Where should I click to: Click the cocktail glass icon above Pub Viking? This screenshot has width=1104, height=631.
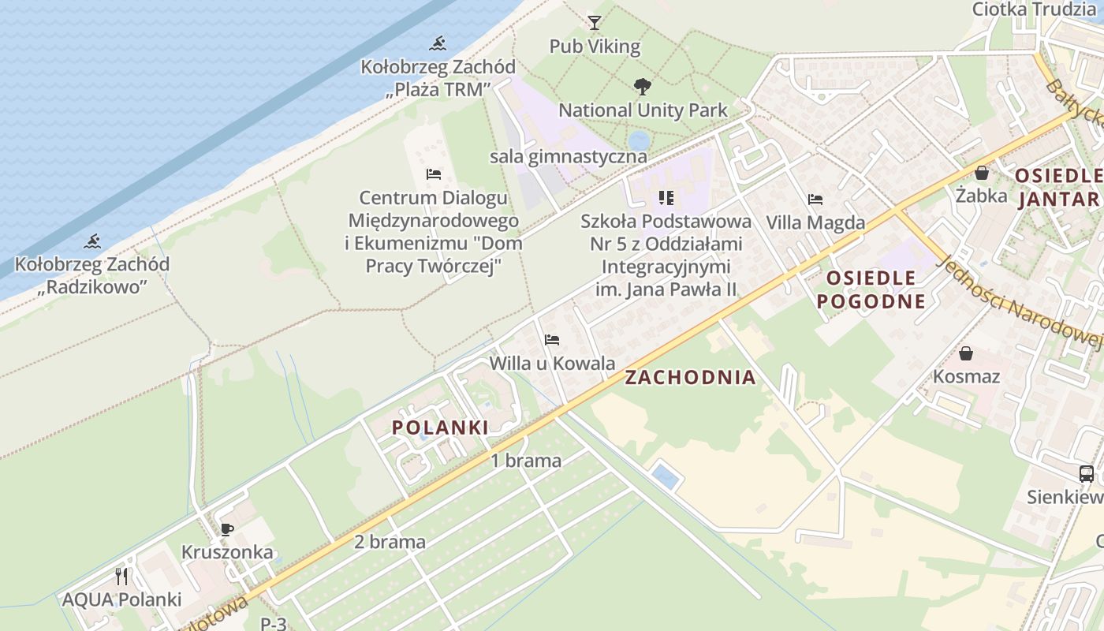(595, 22)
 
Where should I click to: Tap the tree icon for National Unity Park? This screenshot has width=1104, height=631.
(643, 86)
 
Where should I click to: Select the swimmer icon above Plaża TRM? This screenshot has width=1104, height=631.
(438, 43)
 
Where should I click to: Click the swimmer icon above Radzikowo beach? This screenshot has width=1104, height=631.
(92, 241)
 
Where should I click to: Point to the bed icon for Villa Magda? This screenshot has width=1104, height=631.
(815, 200)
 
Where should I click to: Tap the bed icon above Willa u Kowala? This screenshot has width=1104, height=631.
(552, 340)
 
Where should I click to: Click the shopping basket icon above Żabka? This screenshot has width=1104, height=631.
(982, 172)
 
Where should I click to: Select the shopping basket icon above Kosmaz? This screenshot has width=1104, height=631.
(966, 353)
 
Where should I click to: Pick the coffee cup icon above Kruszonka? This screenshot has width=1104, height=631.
(227, 528)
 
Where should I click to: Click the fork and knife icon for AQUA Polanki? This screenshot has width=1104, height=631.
(121, 577)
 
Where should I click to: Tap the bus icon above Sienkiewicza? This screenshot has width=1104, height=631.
(1086, 474)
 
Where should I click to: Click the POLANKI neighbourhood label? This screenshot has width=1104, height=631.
(440, 428)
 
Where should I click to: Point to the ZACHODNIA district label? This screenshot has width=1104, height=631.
(690, 378)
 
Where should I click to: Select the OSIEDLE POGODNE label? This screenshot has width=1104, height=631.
(871, 289)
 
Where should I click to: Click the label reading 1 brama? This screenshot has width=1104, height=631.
(526, 461)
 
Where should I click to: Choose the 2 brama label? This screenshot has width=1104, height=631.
(390, 542)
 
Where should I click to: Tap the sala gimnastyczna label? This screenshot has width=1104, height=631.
(568, 156)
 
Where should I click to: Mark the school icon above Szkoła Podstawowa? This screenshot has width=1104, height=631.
(666, 197)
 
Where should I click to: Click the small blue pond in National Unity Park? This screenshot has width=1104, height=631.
(639, 140)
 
